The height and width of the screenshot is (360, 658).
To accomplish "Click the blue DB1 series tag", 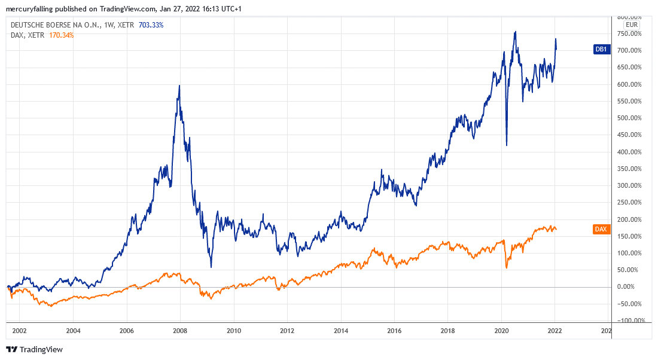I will coord(600,50).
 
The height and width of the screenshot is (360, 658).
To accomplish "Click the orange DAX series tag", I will coord(601,229).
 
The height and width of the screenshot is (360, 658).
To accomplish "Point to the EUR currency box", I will coord(632,25).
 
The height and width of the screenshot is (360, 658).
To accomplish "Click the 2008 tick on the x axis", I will coord(180,330).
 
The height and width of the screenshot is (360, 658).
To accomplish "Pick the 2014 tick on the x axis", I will coord(341,330).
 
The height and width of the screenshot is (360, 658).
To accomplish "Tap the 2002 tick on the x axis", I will coord(19,330).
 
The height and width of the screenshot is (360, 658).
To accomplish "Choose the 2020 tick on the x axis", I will coord(501,330).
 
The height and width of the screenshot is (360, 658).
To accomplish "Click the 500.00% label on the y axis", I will coord(629,118).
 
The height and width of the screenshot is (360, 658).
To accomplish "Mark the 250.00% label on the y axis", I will coord(629,202).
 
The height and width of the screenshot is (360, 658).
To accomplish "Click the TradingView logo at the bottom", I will coord(34,349).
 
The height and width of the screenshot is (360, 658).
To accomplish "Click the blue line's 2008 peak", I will coord(179,86).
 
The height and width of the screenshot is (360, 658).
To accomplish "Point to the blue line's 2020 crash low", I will coord(507,145).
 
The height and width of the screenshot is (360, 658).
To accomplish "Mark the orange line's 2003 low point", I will coord(50,306).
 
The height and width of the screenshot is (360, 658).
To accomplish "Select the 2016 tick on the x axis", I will coord(394,330).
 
